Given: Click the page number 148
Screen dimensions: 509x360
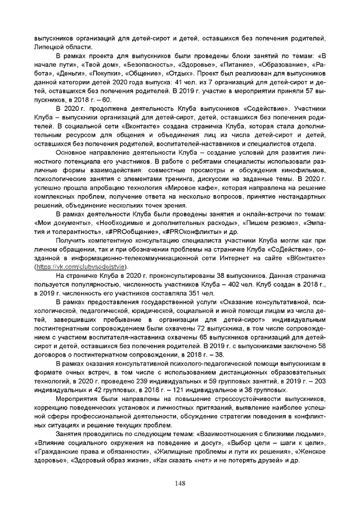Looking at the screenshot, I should [x=180, y=483].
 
